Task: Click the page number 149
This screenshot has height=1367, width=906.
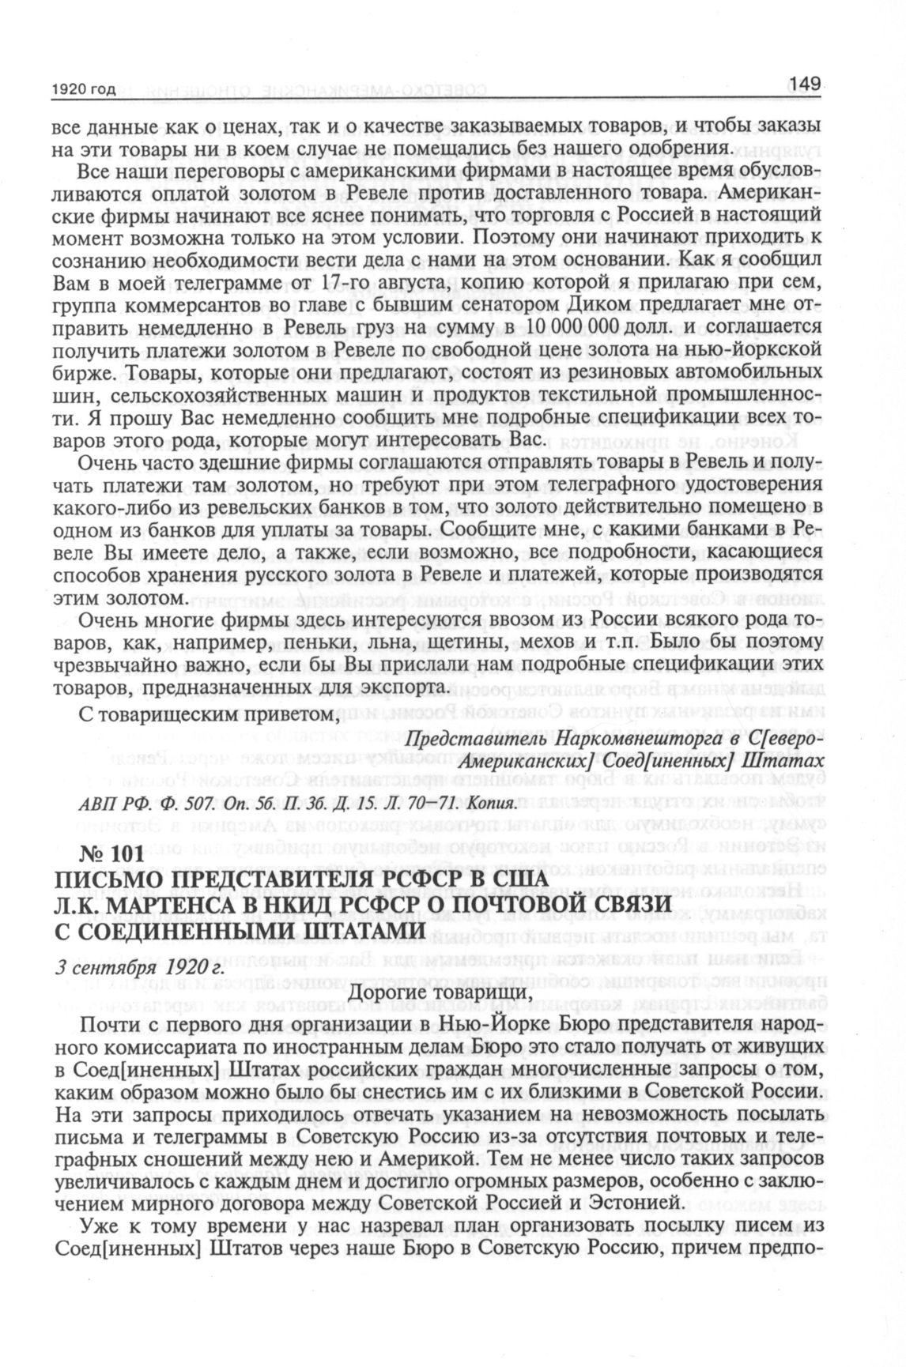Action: pos(805,83)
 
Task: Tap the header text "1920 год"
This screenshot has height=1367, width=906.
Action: pos(83,90)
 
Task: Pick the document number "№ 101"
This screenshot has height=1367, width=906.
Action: pos(111,855)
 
